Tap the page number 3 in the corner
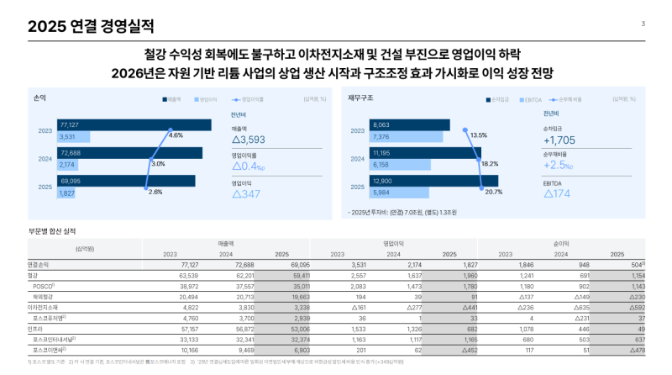pos(643,24)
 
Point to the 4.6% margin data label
pos(176,135)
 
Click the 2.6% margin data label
pos(155,192)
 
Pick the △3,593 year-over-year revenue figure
pos(249,140)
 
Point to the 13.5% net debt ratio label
pos(479,135)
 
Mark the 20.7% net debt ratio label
pos(493,192)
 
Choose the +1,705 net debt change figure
pos(559,140)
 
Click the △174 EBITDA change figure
pos(557,194)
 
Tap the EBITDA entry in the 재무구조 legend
pos(531,99)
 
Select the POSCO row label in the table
pos(44,286)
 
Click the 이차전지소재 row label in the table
pos(46,308)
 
